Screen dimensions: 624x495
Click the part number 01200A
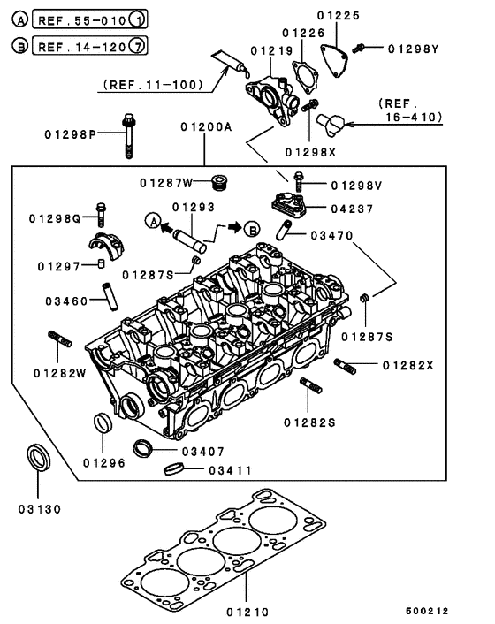pyautogui.click(x=204, y=127)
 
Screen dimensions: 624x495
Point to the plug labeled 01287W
pyautogui.click(x=221, y=184)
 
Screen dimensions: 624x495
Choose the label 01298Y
pyautogui.click(x=408, y=49)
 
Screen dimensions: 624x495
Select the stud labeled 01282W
pyautogui.click(x=57, y=340)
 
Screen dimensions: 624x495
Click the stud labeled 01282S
pyautogui.click(x=310, y=389)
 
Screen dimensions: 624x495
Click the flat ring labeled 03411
pyautogui.click(x=172, y=468)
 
